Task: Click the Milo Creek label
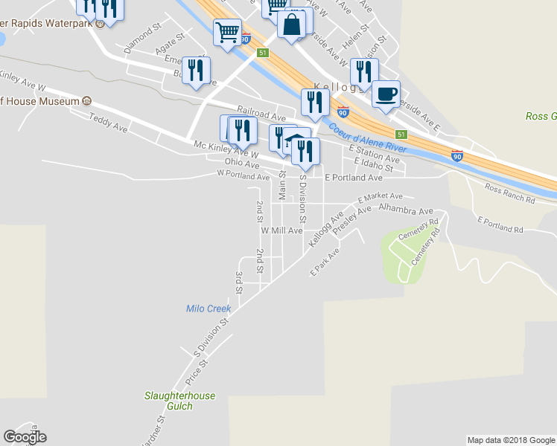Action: [x=209, y=308]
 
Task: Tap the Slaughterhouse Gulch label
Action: [x=179, y=401]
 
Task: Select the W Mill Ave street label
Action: [x=281, y=230]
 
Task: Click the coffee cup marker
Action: [x=386, y=94]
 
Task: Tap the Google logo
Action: [x=25, y=437]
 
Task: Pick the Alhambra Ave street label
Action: [x=406, y=210]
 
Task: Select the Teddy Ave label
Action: [x=108, y=123]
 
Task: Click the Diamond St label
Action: [x=143, y=38]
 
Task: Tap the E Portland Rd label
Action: [x=500, y=224]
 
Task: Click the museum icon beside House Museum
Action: [x=87, y=100]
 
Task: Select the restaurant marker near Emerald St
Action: [x=196, y=71]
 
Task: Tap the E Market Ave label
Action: [x=380, y=198]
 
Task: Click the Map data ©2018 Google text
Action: [x=511, y=440]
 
